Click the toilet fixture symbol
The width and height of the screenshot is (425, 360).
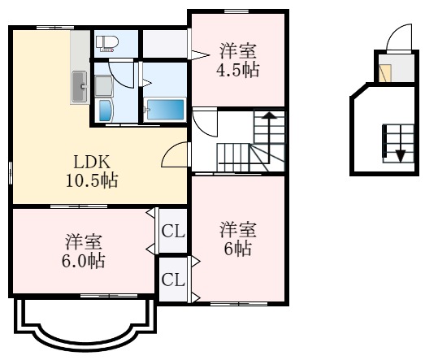pos(107,43)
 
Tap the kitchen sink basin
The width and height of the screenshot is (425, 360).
pos(80,86)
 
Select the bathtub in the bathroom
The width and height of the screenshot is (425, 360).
pos(165,109)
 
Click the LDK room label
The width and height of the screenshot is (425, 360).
pos(92,162)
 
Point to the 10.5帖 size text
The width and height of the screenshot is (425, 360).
pos(92,180)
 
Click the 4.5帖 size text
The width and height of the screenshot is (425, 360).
pos(238,70)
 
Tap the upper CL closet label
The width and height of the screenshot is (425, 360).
pos(173,232)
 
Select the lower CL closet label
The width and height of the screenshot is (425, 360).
pos(173,280)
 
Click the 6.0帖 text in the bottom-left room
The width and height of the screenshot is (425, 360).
pos(83,261)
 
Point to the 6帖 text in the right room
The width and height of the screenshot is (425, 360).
pos(238,249)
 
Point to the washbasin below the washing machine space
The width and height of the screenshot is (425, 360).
pos(106,111)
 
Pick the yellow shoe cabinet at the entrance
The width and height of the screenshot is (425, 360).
pos(385,73)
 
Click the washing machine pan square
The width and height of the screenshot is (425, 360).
pos(104,86)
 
